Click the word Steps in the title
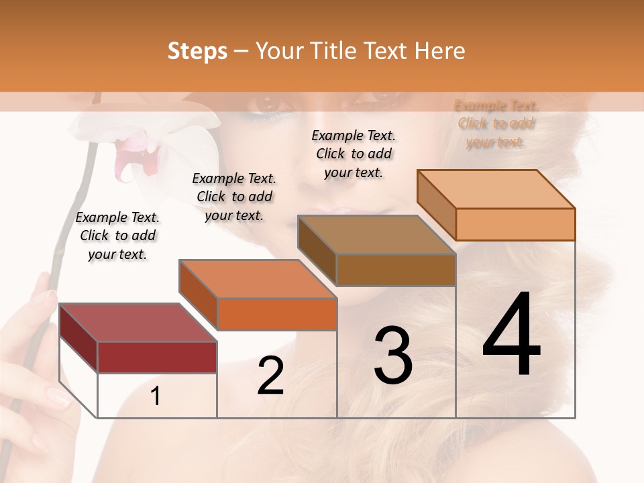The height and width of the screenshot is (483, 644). pos(197,51)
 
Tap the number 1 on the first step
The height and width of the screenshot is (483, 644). pos(155,396)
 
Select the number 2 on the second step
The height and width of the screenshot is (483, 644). pos(270,376)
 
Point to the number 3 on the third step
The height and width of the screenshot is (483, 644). pos(393,356)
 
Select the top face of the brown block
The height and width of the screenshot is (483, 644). pos(376,235)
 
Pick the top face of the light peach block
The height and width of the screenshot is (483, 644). pos(496,189)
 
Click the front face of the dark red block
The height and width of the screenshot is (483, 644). pos(157,357)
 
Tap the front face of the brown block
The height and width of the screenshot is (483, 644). pos(396,270)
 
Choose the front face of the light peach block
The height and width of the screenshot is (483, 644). pos(515,224)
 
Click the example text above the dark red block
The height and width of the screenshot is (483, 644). pos(117,236)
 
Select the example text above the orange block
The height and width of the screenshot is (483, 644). pos(234,197)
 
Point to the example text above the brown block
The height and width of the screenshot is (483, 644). pos(354,154)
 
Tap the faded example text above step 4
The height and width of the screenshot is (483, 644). pos(496,123)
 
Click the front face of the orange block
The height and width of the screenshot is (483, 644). pos(276,314)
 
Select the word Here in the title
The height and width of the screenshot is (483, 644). pos(440,51)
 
